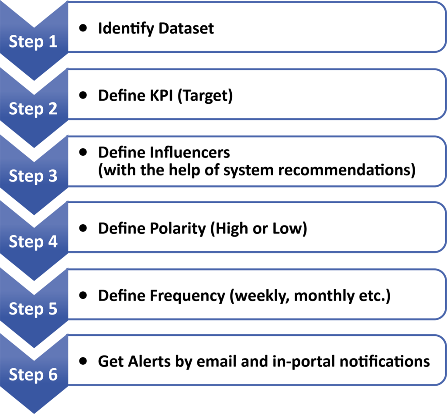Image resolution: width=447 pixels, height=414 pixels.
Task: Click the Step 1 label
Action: [x=33, y=42]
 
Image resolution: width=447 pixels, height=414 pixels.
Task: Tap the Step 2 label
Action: [x=33, y=109]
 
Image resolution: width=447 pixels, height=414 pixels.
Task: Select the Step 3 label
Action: [x=33, y=176]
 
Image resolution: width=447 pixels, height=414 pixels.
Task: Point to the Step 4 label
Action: [x=33, y=242]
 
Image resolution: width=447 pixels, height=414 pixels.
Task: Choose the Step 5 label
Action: [x=33, y=308]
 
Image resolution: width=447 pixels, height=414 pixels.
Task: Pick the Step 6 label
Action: [x=33, y=374]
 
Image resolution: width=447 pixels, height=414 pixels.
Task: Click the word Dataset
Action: [x=186, y=28]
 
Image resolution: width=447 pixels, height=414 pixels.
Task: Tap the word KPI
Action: [x=162, y=96]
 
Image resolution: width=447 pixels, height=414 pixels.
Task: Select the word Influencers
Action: [x=189, y=152]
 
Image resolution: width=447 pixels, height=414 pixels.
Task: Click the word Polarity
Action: [x=178, y=229]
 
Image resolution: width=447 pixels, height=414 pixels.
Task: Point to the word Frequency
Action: [x=188, y=296]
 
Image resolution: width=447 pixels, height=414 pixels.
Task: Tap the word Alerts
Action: [x=149, y=361]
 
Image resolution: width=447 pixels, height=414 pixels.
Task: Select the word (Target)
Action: [x=205, y=96]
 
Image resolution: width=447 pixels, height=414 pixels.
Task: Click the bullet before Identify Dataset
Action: [x=83, y=28]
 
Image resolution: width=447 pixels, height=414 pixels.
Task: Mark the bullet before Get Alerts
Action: [x=83, y=361]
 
